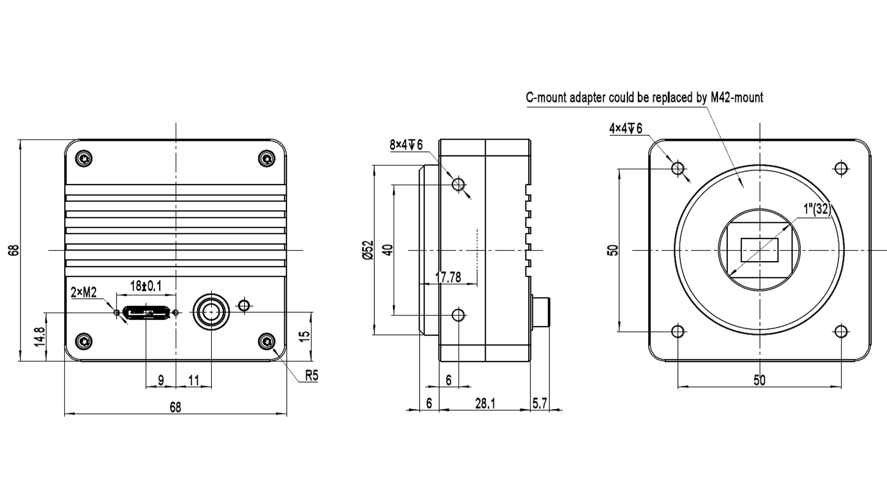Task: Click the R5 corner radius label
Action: click(x=312, y=375)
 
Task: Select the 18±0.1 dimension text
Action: click(x=145, y=286)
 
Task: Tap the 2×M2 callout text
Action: click(x=84, y=292)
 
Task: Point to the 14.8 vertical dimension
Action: click(x=39, y=337)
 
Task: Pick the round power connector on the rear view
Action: click(x=211, y=313)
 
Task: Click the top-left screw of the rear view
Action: click(x=84, y=159)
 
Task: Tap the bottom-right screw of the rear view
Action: click(x=268, y=341)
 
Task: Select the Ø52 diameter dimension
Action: click(x=367, y=249)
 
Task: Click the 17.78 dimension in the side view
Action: click(x=448, y=277)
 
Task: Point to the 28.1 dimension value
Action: click(x=485, y=403)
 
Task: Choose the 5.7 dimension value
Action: click(x=539, y=403)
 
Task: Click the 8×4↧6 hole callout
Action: click(x=406, y=145)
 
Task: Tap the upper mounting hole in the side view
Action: click(x=458, y=184)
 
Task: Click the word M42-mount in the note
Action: click(x=737, y=98)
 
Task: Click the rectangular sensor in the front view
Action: click(x=759, y=250)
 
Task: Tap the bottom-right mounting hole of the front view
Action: click(x=841, y=332)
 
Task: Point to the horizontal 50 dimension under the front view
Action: click(x=759, y=380)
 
